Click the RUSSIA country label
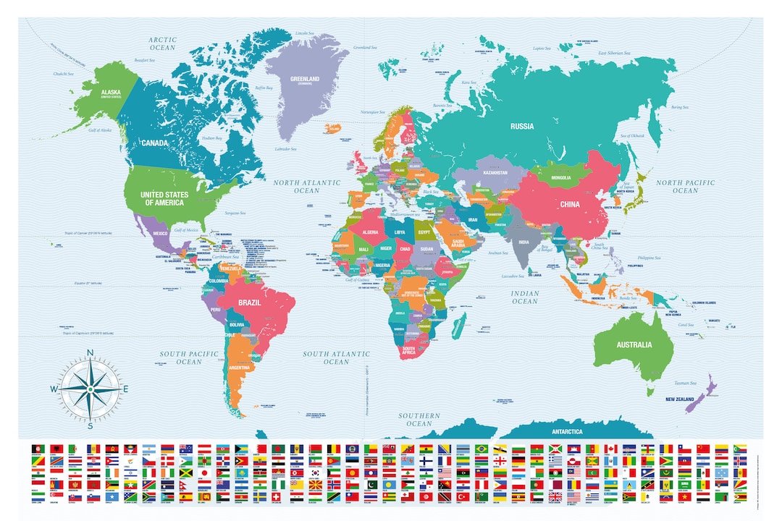point(522,126)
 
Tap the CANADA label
point(156,143)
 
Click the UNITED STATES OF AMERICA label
point(164,199)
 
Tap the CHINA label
point(570,204)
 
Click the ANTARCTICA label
point(566,431)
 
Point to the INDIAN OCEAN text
point(525,297)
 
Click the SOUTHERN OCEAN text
point(419,420)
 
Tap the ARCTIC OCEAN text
point(162,43)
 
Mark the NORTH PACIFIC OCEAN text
point(685,186)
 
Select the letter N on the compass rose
point(91,353)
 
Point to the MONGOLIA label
point(560,177)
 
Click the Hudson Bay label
point(211,137)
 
